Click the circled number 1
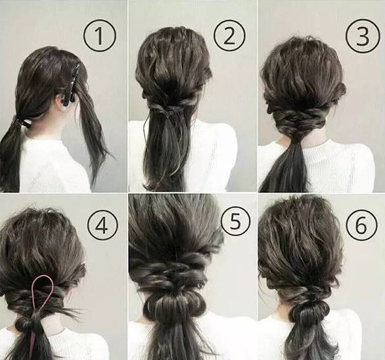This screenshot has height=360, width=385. pyautogui.click(x=99, y=37)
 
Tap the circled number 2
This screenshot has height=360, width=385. pyautogui.click(x=229, y=37)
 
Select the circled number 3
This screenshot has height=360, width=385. pyautogui.click(x=361, y=37)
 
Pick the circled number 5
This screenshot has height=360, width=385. pyautogui.click(x=235, y=221)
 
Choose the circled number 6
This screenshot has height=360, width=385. pyautogui.click(x=361, y=225)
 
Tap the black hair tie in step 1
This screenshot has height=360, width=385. pyautogui.click(x=22, y=122)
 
